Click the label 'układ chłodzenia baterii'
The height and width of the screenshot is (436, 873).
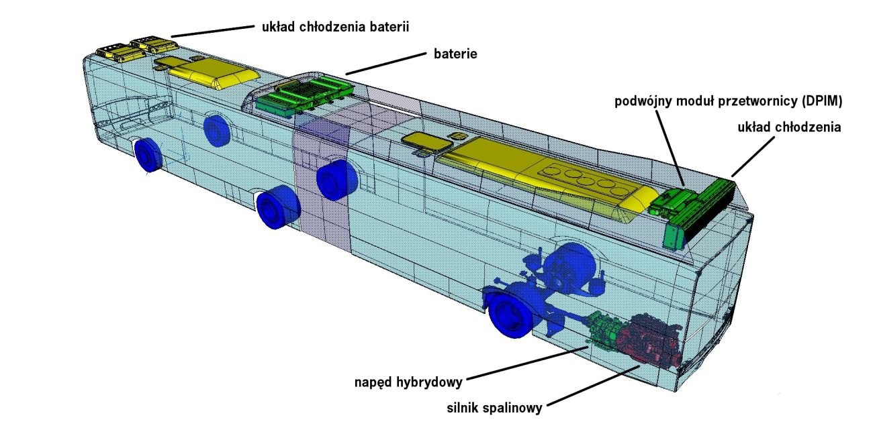tap(334, 28)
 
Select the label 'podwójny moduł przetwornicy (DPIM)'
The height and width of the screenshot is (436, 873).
tap(729, 101)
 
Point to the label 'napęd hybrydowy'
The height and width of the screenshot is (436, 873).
tap(409, 383)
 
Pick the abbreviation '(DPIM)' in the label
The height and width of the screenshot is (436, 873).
tap(821, 101)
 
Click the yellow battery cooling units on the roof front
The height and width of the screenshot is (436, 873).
tap(138, 48)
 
